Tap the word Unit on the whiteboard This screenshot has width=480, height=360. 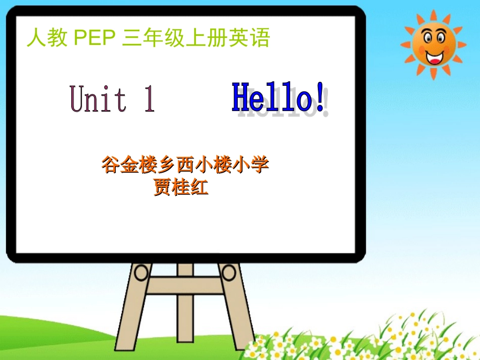coord(99,98)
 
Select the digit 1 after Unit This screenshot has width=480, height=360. coord(149,98)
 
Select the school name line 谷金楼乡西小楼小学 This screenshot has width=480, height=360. coord(185,165)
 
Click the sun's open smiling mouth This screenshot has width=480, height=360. coord(433,57)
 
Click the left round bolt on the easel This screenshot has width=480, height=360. coord(141,273)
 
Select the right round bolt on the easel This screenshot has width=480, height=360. coord(229,273)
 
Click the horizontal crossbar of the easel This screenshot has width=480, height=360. coord(185,286)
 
